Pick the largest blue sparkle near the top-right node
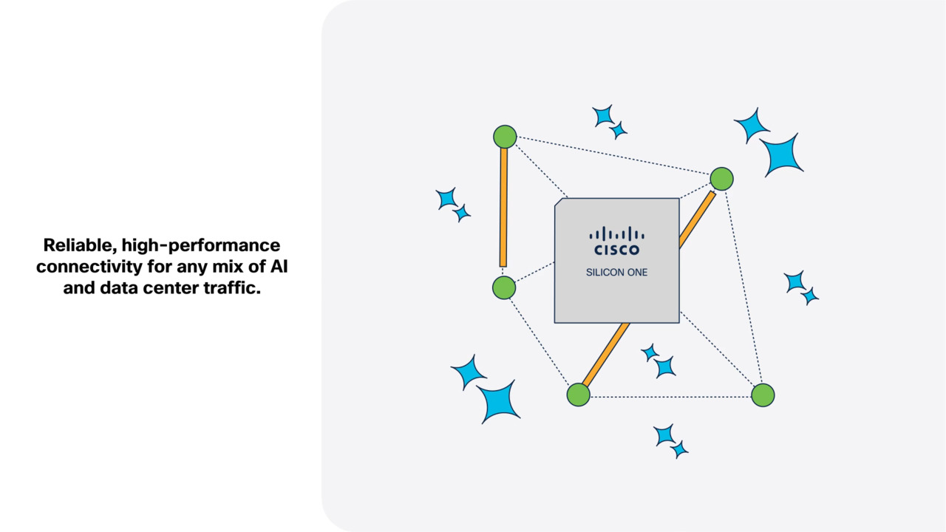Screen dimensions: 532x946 (x=782, y=155)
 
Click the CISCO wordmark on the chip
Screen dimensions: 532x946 (x=616, y=250)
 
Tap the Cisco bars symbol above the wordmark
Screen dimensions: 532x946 (x=616, y=233)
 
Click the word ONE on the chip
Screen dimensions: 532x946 (x=636, y=273)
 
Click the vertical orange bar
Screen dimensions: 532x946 (x=503, y=207)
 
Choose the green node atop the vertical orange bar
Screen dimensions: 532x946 (x=505, y=137)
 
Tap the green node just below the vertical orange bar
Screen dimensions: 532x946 (x=504, y=287)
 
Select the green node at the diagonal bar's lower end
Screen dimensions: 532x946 (x=578, y=395)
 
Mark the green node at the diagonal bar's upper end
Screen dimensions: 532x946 (x=721, y=179)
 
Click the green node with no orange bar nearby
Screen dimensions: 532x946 (x=763, y=395)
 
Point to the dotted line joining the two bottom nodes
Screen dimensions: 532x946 (x=670, y=397)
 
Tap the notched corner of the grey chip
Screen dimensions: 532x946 (x=559, y=201)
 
